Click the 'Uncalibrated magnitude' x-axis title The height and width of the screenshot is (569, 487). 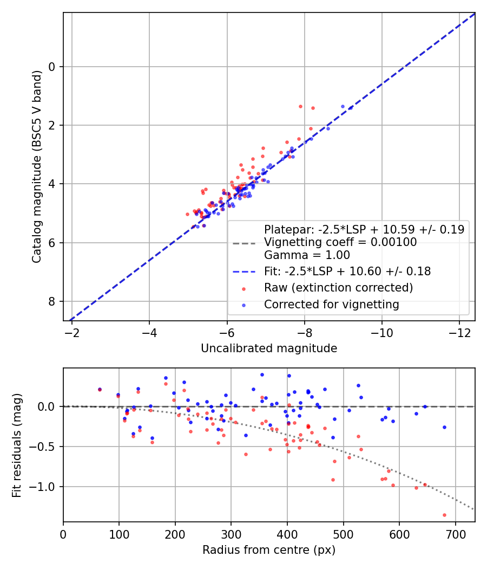click(x=269, y=348)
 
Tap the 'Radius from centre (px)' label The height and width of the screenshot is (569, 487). click(x=269, y=550)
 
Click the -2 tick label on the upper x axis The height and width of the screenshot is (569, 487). click(x=72, y=331)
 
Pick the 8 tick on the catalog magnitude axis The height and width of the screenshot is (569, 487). click(x=52, y=301)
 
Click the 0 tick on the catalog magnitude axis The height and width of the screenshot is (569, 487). click(x=52, y=67)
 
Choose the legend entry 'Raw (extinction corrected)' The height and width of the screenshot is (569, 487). click(x=338, y=287)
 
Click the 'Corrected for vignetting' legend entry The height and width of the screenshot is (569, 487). click(x=331, y=305)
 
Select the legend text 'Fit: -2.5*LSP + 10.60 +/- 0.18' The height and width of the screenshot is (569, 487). click(x=347, y=271)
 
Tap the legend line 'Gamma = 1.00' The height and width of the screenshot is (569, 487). click(x=307, y=255)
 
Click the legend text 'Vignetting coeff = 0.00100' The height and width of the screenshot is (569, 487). click(x=340, y=242)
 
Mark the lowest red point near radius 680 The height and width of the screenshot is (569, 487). click(x=444, y=515)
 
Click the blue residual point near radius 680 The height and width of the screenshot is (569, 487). click(x=444, y=427)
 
